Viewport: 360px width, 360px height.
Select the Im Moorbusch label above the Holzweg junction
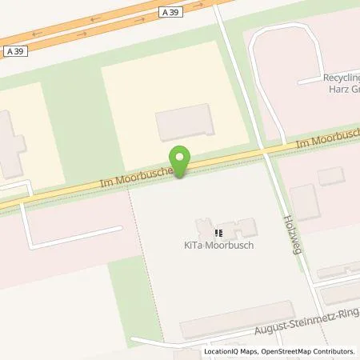pyautogui.click(x=327, y=141)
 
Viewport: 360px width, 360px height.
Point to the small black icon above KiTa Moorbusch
pyautogui.click(x=219, y=234)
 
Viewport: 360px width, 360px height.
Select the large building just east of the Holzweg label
pyautogui.click(x=304, y=202)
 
